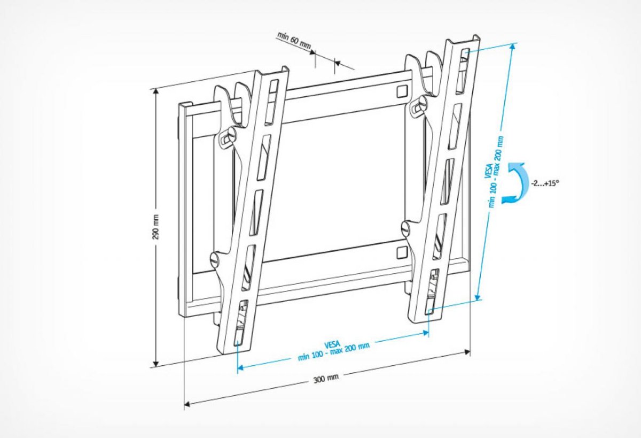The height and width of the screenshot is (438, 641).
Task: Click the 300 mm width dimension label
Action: (x=326, y=379)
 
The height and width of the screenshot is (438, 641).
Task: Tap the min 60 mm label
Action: (x=294, y=41)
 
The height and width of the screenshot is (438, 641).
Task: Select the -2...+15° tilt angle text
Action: (x=545, y=183)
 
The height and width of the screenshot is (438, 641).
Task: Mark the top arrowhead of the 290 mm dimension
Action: (x=156, y=92)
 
